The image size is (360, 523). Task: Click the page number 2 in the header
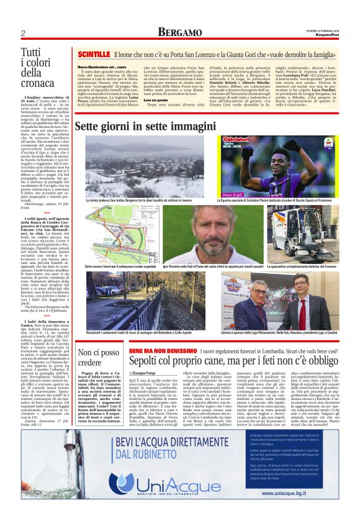(22, 32)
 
